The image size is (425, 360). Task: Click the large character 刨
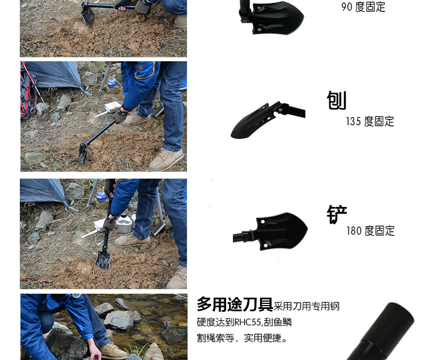tap(337, 100)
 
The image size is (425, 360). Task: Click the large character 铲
tap(337, 214)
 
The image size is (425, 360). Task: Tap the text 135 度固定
tap(370, 121)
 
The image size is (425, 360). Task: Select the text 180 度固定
tap(371, 231)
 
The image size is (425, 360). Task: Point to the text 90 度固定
tap(363, 7)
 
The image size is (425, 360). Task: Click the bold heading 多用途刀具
tap(235, 304)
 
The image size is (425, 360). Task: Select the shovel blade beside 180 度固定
tap(282, 231)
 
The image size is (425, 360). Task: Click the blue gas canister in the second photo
tap(112, 82)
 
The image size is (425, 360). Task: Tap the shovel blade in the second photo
tap(83, 153)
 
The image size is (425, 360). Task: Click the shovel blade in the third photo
tap(103, 260)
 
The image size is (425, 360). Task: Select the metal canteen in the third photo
tap(124, 223)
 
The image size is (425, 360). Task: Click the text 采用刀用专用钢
tap(307, 306)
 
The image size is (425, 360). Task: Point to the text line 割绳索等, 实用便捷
tap(242, 338)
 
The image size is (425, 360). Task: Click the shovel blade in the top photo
tap(88, 16)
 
